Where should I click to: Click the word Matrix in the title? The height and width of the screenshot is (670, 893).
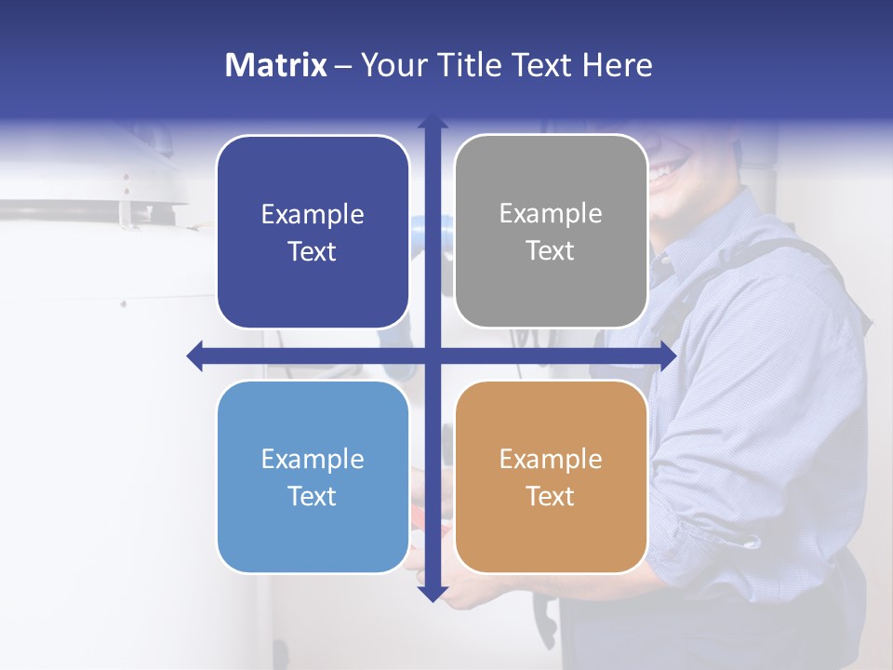tap(275, 65)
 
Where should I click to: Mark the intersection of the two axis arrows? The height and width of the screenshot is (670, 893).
tap(433, 355)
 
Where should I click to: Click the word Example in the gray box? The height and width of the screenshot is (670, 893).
tap(551, 214)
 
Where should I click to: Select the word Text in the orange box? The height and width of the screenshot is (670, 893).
tap(551, 496)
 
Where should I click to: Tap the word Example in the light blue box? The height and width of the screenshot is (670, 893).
tap(313, 459)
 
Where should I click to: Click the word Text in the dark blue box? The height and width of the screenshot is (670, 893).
tap(313, 251)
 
